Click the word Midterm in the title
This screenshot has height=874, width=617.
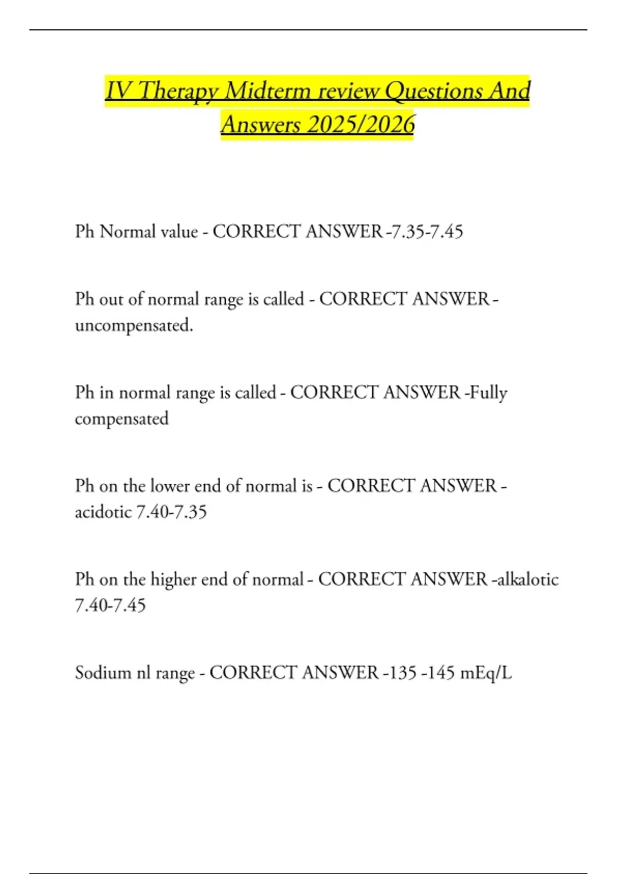268,91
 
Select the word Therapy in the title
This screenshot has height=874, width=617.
179,91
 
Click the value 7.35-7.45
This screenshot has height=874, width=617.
427,231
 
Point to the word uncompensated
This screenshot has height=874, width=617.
134,325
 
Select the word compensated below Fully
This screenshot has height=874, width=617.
122,418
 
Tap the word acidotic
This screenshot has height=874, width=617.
103,512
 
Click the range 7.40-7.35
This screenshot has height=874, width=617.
171,512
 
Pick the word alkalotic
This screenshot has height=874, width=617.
528,579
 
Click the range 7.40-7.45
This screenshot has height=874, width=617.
111,605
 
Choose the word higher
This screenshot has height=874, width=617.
173,579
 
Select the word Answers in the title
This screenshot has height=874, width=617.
260,124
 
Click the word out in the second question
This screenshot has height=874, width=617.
111,299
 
